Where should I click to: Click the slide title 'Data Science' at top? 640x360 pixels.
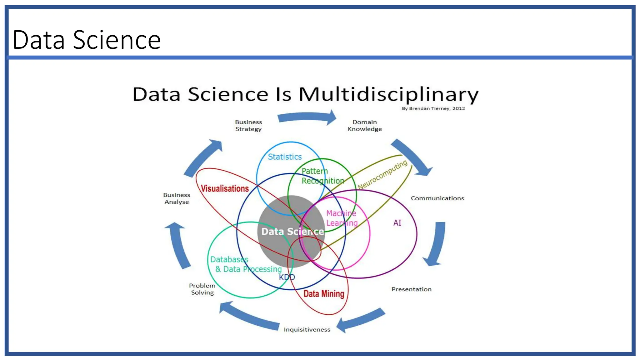coord(87,40)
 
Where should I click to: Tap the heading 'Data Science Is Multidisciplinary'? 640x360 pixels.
coord(305,94)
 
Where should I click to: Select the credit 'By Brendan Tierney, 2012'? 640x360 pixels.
coord(433,108)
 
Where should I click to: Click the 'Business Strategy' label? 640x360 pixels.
coord(248,126)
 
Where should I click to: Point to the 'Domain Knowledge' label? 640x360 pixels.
coord(365,126)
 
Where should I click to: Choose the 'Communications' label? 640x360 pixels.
coord(437,198)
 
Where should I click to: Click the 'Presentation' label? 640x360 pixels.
coord(411,289)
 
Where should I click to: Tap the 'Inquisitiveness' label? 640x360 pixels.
coord(307,329)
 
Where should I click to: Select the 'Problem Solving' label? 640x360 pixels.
coord(202,289)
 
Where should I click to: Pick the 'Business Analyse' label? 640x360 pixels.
coord(177,198)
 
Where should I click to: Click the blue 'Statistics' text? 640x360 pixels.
coord(285,157)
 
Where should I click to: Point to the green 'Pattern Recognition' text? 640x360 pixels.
coord(322,176)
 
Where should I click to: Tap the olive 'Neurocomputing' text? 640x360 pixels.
coord(382,175)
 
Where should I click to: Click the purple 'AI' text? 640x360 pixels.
coord(397,223)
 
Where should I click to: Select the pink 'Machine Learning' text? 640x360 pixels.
coord(342,218)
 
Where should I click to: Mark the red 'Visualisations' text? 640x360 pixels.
coord(225,189)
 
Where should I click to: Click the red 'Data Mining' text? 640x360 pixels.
coord(324,294)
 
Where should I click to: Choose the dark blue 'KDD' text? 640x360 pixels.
coord(287,277)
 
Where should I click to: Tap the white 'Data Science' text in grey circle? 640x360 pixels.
coord(292,232)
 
